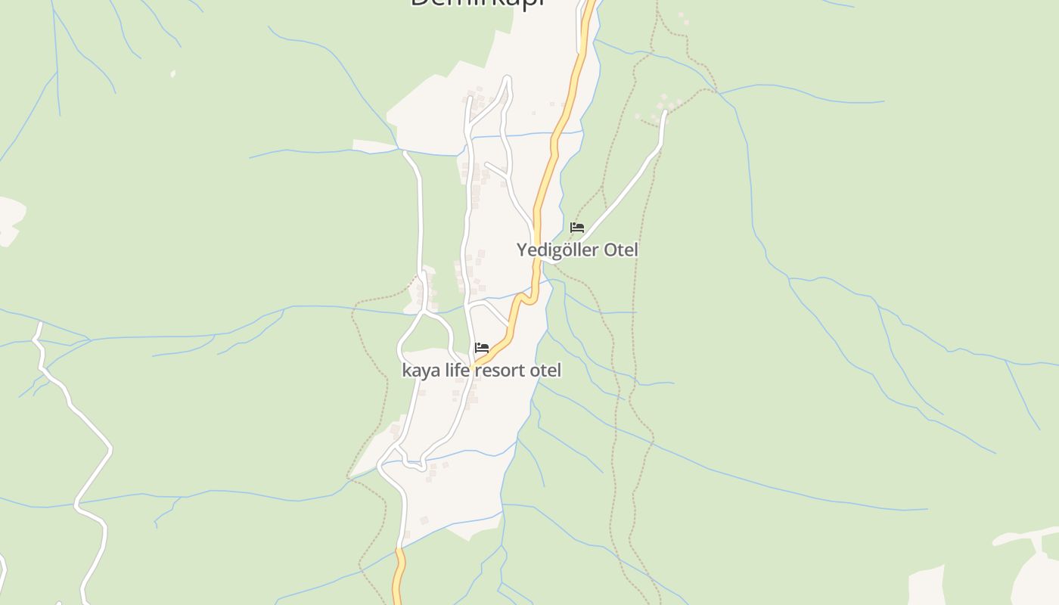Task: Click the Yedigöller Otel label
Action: pos(577,250)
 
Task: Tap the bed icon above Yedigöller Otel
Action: pos(577,228)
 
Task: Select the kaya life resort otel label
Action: pos(482,371)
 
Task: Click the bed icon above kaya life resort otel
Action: pos(482,348)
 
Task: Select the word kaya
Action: pos(421,371)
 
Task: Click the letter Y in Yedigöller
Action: pos(522,250)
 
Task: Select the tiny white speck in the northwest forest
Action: pos(173,73)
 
